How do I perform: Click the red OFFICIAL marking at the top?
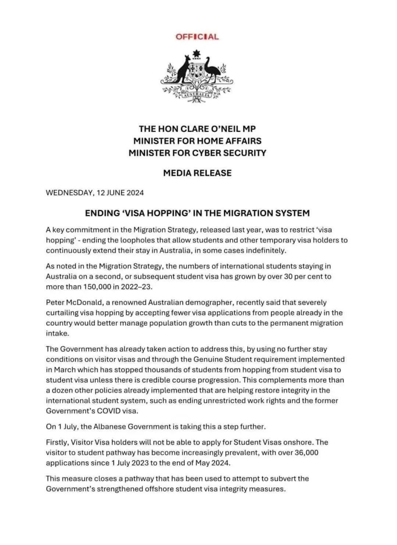tap(197, 37)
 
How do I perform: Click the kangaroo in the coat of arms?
tap(182, 70)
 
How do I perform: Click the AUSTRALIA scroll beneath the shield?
tap(197, 95)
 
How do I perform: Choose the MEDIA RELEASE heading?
tap(197, 173)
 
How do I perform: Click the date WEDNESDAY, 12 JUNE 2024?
tap(94, 193)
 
